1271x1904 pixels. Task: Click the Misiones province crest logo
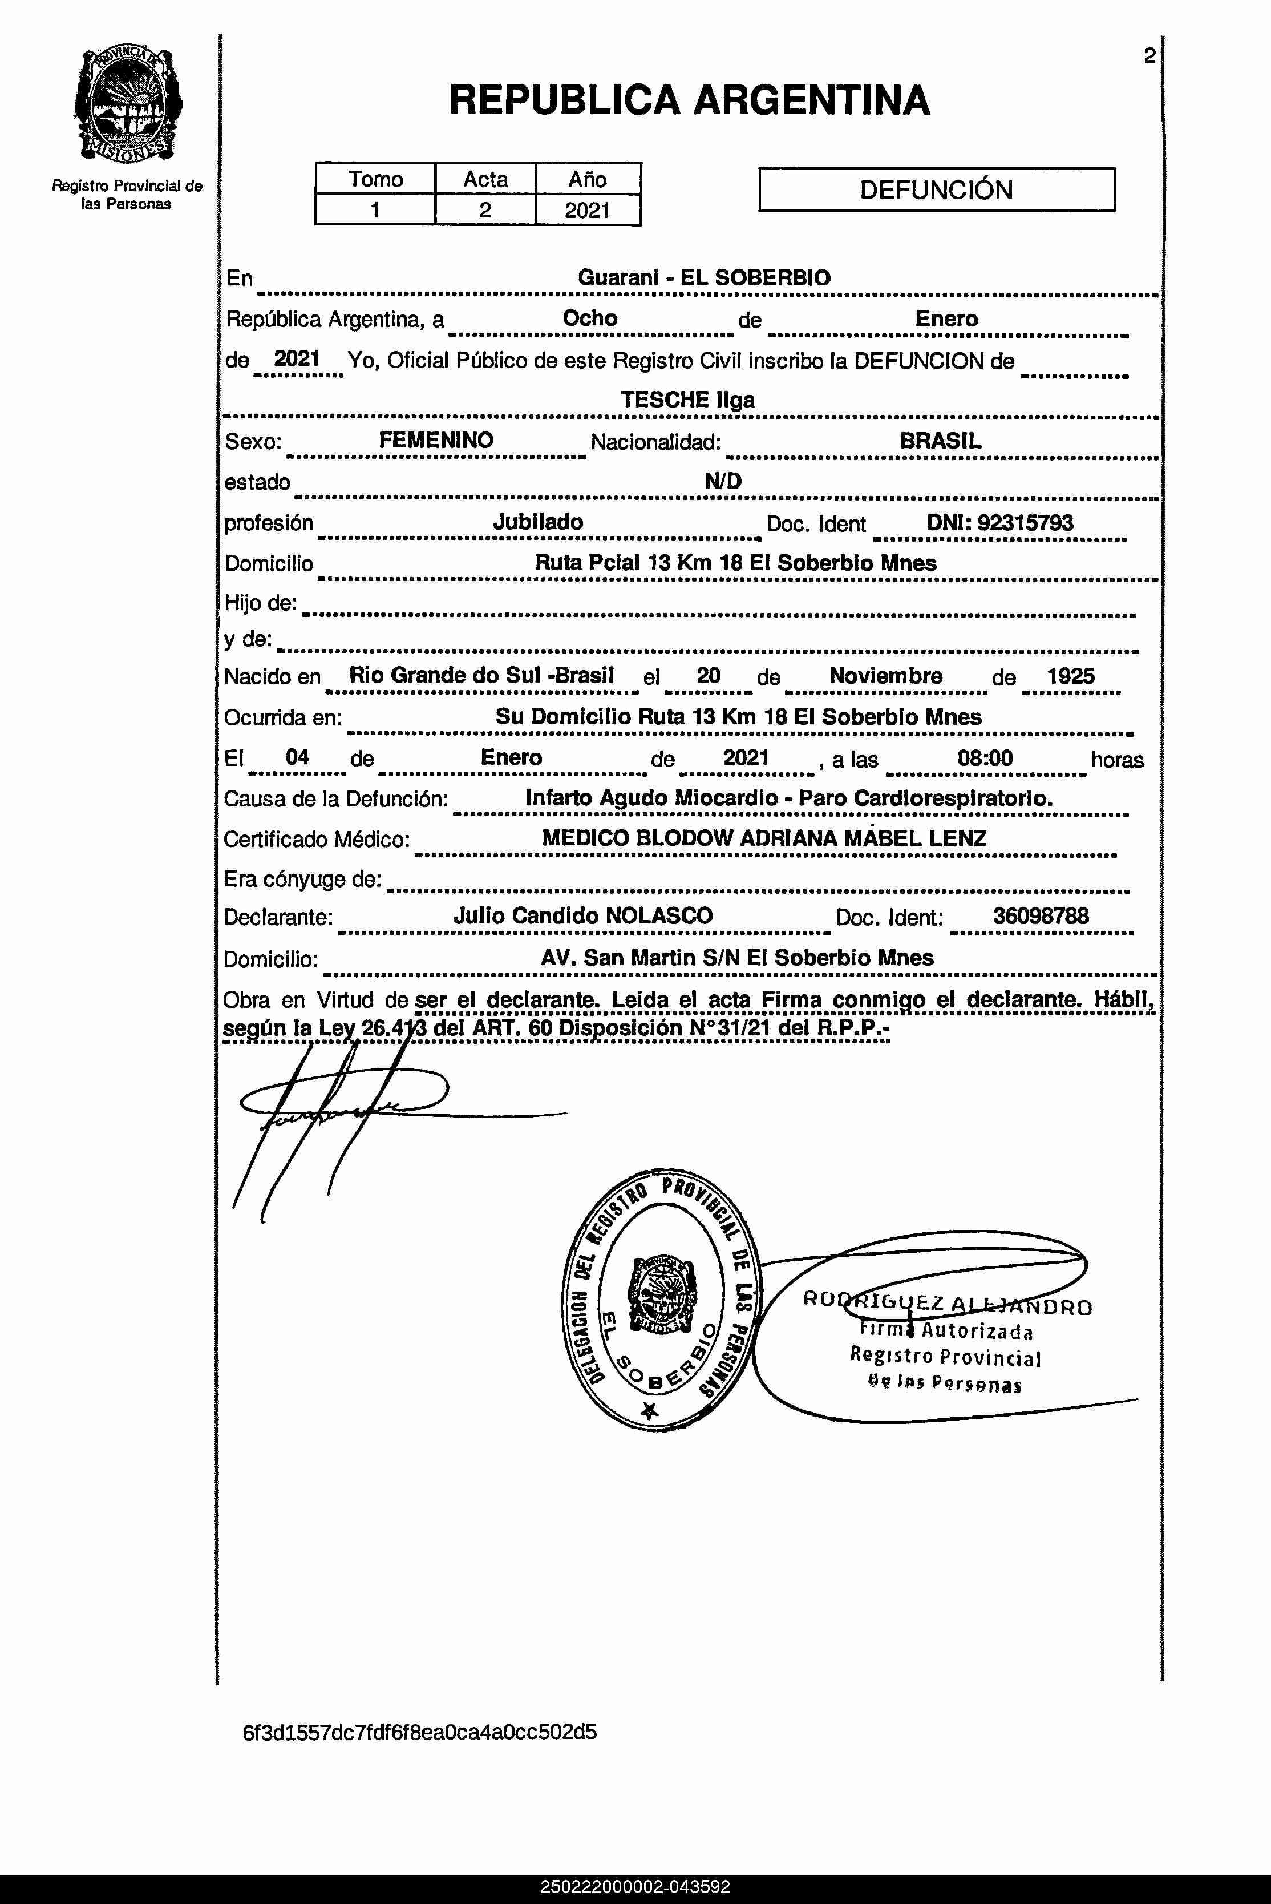(x=127, y=104)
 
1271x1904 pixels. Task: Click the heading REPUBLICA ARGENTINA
(x=689, y=100)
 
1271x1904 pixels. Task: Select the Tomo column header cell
(x=375, y=179)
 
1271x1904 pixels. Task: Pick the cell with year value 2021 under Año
(x=587, y=210)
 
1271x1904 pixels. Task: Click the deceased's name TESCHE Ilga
(x=687, y=400)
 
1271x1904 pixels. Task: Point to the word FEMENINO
(x=436, y=440)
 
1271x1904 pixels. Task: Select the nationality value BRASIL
(x=940, y=441)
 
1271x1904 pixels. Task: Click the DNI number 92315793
(x=1025, y=523)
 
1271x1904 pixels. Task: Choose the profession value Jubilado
(x=538, y=522)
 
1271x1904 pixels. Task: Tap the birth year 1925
(x=1070, y=676)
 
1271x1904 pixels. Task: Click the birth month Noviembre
(x=885, y=676)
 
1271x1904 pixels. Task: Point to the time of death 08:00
(x=985, y=758)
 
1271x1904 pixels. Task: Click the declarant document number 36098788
(x=1041, y=916)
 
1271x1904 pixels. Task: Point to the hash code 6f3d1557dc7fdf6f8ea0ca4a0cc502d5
(x=420, y=1732)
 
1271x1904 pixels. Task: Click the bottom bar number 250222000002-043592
(x=635, y=1887)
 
